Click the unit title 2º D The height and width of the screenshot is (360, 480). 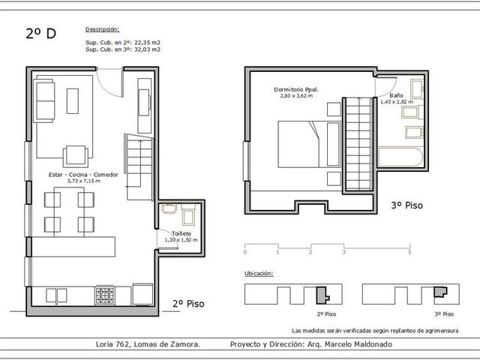[x=41, y=33]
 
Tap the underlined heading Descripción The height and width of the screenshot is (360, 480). [x=102, y=29]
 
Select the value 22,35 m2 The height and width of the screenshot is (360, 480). [x=147, y=43]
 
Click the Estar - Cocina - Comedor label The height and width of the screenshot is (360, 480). [x=83, y=175]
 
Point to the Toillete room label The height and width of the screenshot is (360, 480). [x=181, y=233]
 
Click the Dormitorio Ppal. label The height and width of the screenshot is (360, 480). [x=296, y=90]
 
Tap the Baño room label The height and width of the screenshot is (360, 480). [x=396, y=95]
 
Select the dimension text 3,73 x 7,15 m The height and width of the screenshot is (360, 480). [x=83, y=181]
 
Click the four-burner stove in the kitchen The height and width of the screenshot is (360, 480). [x=105, y=295]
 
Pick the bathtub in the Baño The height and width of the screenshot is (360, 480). [x=400, y=157]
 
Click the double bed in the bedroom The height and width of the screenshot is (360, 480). [x=309, y=144]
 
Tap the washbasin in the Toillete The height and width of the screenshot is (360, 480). [x=169, y=208]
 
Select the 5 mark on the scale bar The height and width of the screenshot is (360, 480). [x=409, y=252]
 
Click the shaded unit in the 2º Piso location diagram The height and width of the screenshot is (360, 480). [x=322, y=295]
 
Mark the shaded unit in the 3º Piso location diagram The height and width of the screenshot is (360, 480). [x=440, y=292]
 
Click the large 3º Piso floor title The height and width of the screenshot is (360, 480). [x=406, y=205]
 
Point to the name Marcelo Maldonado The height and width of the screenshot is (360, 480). [x=358, y=344]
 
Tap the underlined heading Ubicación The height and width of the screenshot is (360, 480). [x=259, y=273]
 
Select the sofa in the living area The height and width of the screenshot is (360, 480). [x=44, y=100]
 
